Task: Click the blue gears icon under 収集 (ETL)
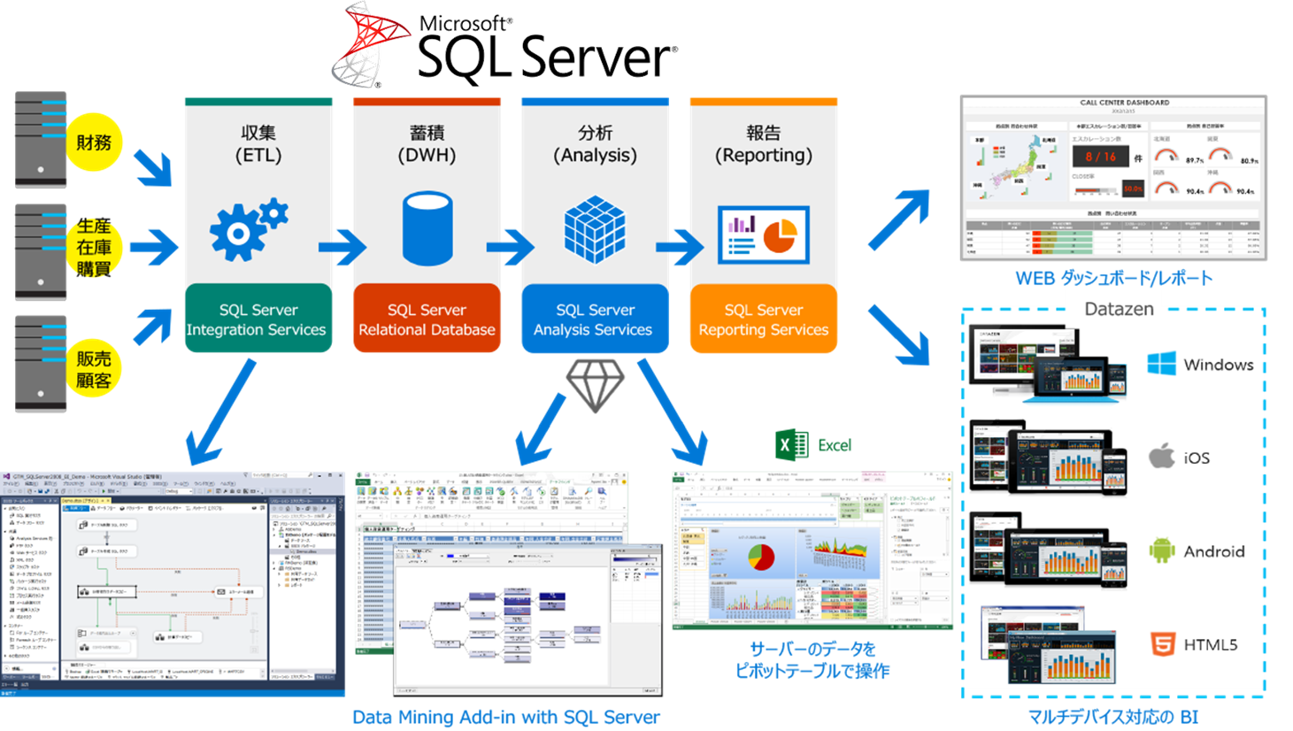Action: coord(246,229)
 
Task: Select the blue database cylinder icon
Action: coord(427,228)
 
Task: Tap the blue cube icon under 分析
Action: coord(595,228)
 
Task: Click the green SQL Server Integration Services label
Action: coord(258,319)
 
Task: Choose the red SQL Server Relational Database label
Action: coord(427,319)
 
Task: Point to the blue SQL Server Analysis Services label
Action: coord(595,319)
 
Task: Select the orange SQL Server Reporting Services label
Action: coord(763,319)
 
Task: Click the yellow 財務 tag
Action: coord(94,142)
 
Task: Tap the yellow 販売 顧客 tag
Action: coord(94,369)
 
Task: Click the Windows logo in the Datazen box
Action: coord(1162,364)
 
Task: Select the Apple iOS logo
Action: coord(1161,457)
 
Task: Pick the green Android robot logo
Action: coord(1161,550)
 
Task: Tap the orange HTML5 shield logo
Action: coord(1161,643)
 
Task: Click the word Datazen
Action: coord(1119,309)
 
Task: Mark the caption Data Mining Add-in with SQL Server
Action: coord(506,717)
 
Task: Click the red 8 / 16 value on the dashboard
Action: coord(1100,157)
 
